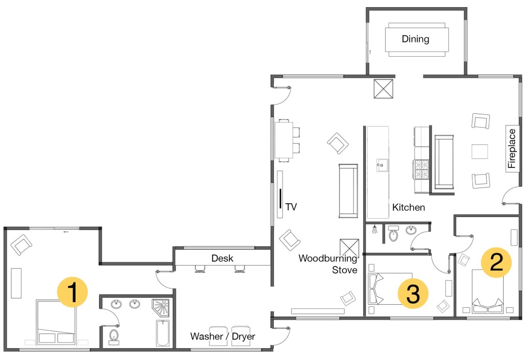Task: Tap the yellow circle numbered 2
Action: (496, 262)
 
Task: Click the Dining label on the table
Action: (415, 39)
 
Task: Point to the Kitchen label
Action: (409, 207)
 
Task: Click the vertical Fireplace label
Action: (511, 148)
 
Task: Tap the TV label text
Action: (291, 207)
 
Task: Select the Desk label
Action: (222, 258)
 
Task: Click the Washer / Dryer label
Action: (223, 336)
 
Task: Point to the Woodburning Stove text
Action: (327, 263)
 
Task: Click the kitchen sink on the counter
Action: (382, 165)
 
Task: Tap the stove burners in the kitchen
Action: (421, 170)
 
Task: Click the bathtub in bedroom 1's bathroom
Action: (163, 333)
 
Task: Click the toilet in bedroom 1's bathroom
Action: (114, 337)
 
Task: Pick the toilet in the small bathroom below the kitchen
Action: (394, 233)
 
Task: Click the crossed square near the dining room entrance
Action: (383, 89)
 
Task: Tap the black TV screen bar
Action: (280, 199)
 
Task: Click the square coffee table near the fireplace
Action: (480, 151)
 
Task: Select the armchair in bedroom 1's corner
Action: (21, 244)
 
